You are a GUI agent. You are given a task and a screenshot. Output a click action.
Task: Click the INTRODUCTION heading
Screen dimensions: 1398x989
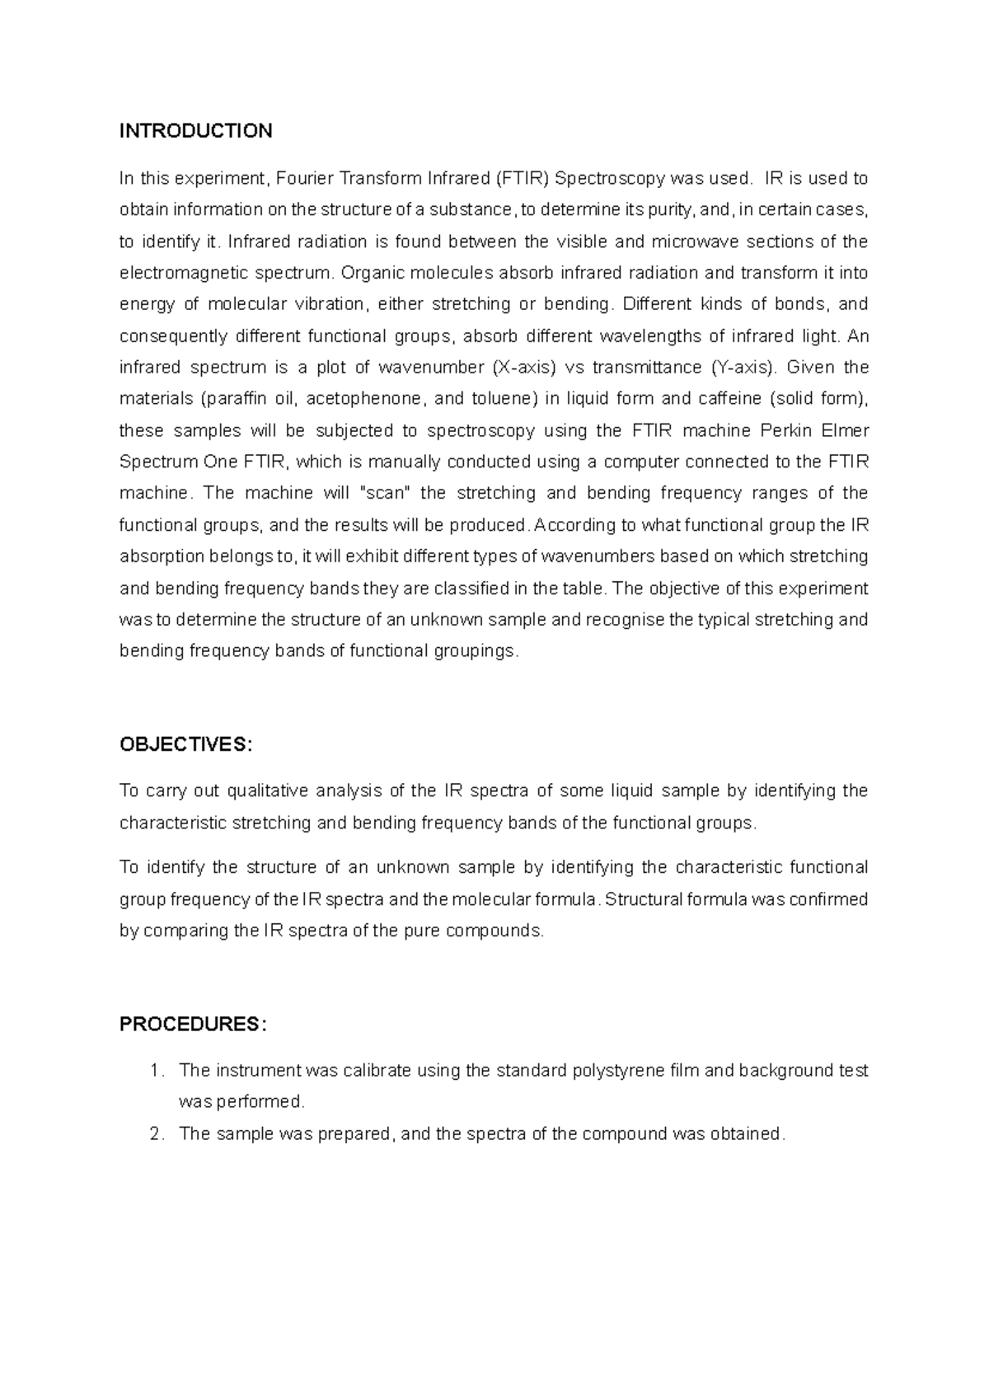(195, 131)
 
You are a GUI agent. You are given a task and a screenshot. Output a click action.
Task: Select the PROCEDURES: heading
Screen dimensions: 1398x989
(193, 1024)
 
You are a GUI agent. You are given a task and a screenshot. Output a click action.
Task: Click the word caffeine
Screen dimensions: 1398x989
(729, 399)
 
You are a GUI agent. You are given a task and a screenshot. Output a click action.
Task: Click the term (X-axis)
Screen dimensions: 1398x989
(523, 367)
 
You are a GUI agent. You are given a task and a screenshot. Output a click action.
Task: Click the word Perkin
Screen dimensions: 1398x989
(792, 430)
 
